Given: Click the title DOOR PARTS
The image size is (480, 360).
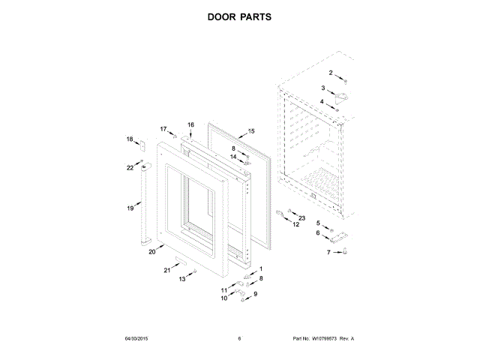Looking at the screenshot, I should point(239,16).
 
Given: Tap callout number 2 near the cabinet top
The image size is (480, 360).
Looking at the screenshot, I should point(331,72).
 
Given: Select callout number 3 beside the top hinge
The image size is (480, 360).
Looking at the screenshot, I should point(323,88).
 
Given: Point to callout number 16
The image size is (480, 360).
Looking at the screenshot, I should point(190,124).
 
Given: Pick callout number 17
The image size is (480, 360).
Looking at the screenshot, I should point(163,129).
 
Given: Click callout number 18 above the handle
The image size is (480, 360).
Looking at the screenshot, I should point(130,139).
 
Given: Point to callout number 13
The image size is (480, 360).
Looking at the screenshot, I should point(181,279).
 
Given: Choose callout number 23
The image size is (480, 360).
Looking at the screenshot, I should point(302,217).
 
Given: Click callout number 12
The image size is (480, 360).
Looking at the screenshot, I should point(295,224).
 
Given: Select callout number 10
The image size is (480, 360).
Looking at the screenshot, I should point(223,298).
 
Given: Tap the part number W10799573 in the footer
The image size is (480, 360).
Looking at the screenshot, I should point(324,339).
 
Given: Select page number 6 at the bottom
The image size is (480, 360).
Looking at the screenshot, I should point(239,339).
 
